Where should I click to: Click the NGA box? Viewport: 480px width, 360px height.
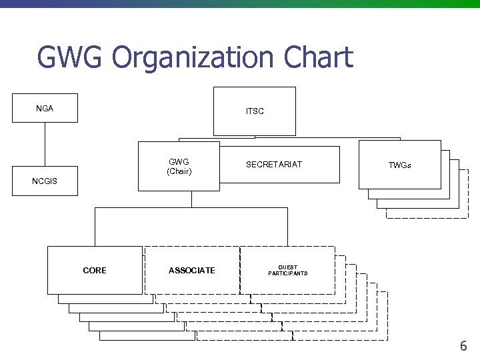point(45,109)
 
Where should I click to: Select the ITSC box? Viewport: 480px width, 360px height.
point(254,111)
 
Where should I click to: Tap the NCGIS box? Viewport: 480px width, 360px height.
point(45,181)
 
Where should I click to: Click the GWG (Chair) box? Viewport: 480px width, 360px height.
point(179,166)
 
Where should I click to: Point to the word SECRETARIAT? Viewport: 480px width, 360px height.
point(274,165)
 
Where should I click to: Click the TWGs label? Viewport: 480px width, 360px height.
point(400,165)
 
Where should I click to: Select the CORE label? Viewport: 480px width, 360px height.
point(95,270)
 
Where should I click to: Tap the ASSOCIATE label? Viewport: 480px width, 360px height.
point(192,270)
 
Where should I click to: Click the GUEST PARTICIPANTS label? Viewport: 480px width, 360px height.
point(288,270)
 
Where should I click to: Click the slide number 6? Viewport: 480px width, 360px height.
point(463,346)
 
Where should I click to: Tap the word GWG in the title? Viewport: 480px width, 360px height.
point(70,58)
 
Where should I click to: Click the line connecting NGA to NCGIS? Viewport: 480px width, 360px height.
point(45,144)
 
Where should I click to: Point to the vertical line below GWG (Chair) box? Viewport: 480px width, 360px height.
point(191,199)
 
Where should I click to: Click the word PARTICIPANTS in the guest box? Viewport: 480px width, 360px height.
point(288,273)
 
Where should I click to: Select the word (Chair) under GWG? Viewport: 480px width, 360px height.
point(179,171)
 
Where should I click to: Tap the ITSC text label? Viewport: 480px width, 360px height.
point(255,111)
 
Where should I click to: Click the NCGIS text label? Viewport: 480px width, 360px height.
point(45,181)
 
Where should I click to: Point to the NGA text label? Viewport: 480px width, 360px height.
point(45,108)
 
